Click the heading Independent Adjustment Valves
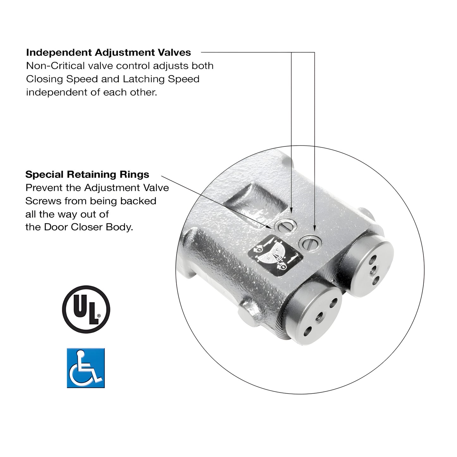(108, 52)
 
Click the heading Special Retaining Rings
(87, 174)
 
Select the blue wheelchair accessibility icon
(86, 368)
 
